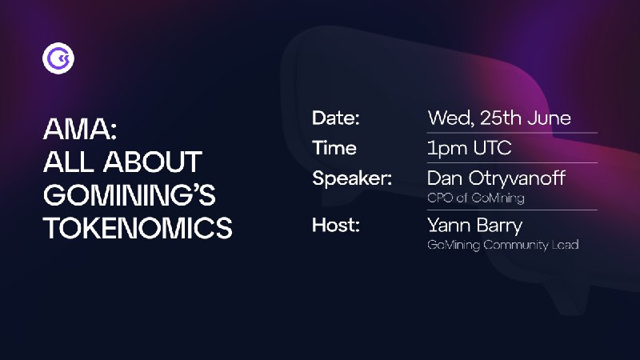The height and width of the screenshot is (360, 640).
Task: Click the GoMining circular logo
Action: (58, 58)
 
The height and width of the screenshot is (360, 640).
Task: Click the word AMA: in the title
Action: (80, 129)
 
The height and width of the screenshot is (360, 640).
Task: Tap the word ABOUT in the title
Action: (153, 162)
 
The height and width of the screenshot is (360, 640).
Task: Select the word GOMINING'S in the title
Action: (130, 194)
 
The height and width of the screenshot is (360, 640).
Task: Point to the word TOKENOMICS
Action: (138, 227)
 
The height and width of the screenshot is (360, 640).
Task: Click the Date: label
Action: (335, 118)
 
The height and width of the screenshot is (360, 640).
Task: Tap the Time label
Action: (334, 148)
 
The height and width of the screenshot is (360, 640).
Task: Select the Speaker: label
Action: (352, 178)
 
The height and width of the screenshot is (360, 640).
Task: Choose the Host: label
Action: (336, 225)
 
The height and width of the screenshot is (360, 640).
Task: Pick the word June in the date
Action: (550, 118)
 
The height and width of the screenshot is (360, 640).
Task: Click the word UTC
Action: (492, 148)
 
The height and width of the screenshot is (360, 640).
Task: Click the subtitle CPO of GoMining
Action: (476, 198)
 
